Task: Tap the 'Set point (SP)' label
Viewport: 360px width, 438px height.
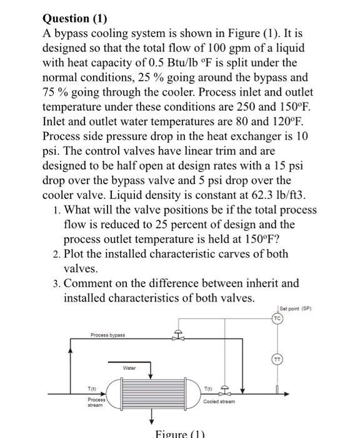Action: pyautogui.click(x=297, y=308)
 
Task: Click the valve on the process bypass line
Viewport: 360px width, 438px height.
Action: pyautogui.click(x=179, y=337)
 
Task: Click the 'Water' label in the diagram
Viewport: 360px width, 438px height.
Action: pyautogui.click(x=129, y=369)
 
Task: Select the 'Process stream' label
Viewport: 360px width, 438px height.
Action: pyautogui.click(x=96, y=402)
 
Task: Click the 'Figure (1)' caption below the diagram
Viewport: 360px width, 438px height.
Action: pyautogui.click(x=179, y=433)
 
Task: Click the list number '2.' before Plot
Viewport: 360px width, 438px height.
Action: pyautogui.click(x=57, y=254)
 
